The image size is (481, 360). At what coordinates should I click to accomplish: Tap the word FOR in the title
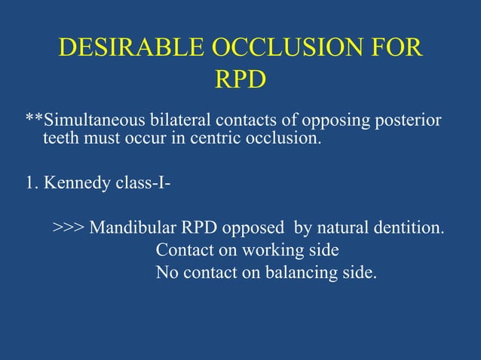click(395, 49)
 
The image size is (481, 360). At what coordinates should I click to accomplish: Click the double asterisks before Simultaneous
click(34, 121)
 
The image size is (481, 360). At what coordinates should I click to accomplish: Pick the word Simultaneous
click(90, 121)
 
